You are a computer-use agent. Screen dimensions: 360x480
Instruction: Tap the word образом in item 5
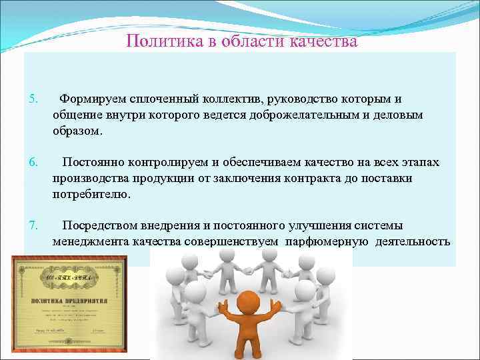tap(77, 131)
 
